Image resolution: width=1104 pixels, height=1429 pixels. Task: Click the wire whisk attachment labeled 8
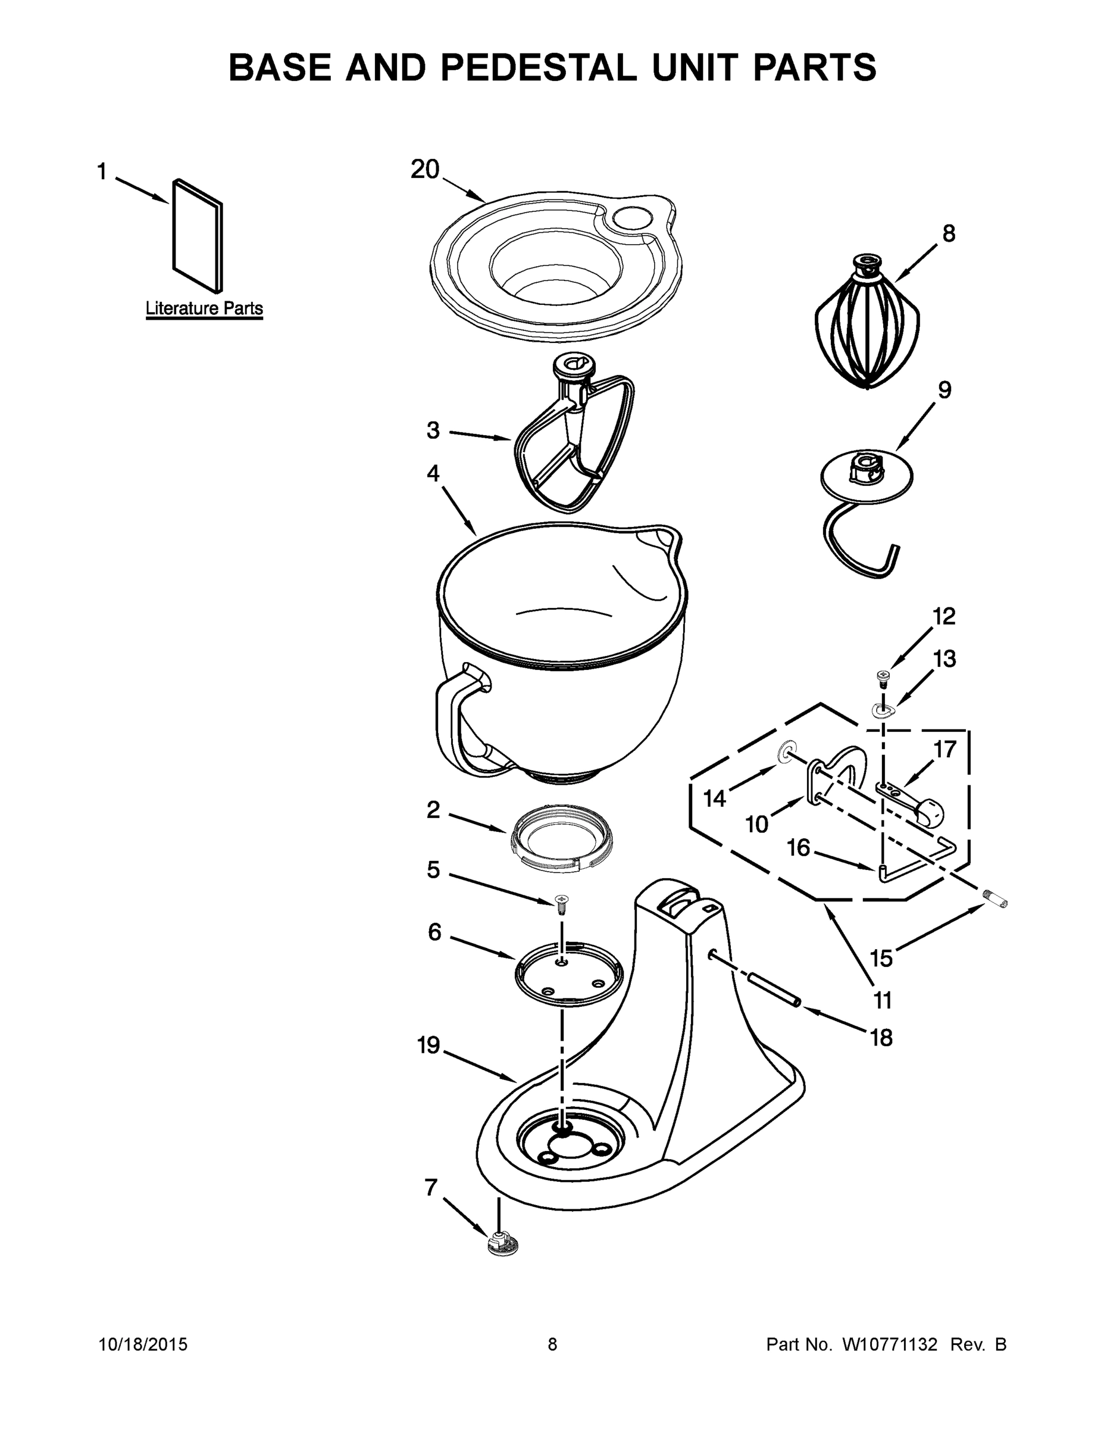point(867,327)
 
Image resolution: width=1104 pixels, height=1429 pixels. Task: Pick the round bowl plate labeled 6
point(568,974)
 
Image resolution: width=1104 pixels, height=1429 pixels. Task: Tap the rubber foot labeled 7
point(502,1242)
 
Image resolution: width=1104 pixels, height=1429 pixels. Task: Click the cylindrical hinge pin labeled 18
point(774,990)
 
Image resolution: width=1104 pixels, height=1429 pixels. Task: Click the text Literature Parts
point(204,308)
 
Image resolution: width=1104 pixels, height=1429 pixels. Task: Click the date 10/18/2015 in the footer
point(143,1344)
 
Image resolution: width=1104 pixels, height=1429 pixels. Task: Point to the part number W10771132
point(890,1344)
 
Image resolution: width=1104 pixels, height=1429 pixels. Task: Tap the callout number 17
point(945,749)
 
